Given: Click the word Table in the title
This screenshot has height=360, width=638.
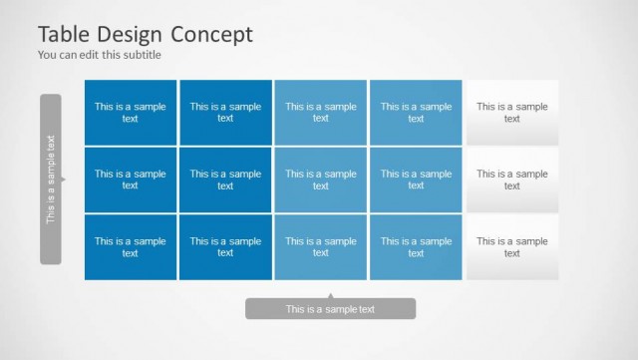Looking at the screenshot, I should pos(65,34).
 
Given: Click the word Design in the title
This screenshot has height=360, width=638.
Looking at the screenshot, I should pos(130,34).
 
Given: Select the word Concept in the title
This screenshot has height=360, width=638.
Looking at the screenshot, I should pos(212,34).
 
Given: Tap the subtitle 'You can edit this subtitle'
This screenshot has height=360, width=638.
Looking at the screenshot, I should pos(99,55).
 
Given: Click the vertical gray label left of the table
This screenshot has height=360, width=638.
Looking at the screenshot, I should pos(51,180).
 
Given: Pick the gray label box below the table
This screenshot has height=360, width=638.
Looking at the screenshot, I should pos(330,309).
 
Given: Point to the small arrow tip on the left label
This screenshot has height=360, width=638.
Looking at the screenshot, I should pos(64,180).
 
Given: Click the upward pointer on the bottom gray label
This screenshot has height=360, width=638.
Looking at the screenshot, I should pos(330,295).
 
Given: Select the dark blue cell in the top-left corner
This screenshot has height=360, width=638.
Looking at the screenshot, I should pos(131,113).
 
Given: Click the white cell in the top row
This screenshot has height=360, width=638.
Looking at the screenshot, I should pos(511,113).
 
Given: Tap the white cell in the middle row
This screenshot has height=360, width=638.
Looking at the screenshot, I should pos(511,180).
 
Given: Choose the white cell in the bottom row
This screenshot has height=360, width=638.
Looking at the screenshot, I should pos(511,247).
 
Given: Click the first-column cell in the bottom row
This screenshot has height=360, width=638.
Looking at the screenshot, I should pos(131,247).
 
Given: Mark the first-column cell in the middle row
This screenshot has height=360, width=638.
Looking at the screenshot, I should pos(131,180).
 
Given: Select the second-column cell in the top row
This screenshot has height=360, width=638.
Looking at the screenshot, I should pos(225,113).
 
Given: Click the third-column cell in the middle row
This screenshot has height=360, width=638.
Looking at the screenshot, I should pos(321,180).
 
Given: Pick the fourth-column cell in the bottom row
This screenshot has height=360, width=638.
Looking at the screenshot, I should pos(416,247).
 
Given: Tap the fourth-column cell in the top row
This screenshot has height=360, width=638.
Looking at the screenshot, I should pos(416,113).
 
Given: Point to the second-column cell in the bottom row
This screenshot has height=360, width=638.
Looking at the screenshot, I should pos(225,247).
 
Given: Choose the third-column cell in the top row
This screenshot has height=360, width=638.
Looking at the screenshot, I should pos(321,113).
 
